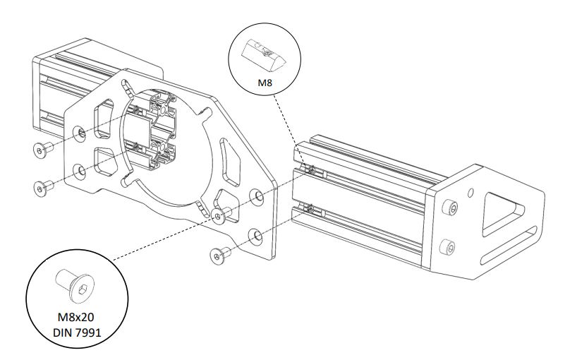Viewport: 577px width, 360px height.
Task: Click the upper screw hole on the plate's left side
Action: tap(82, 132)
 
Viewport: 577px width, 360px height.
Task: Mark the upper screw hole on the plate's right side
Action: tap(259, 194)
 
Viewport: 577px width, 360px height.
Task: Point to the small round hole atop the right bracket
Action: tap(470, 191)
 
